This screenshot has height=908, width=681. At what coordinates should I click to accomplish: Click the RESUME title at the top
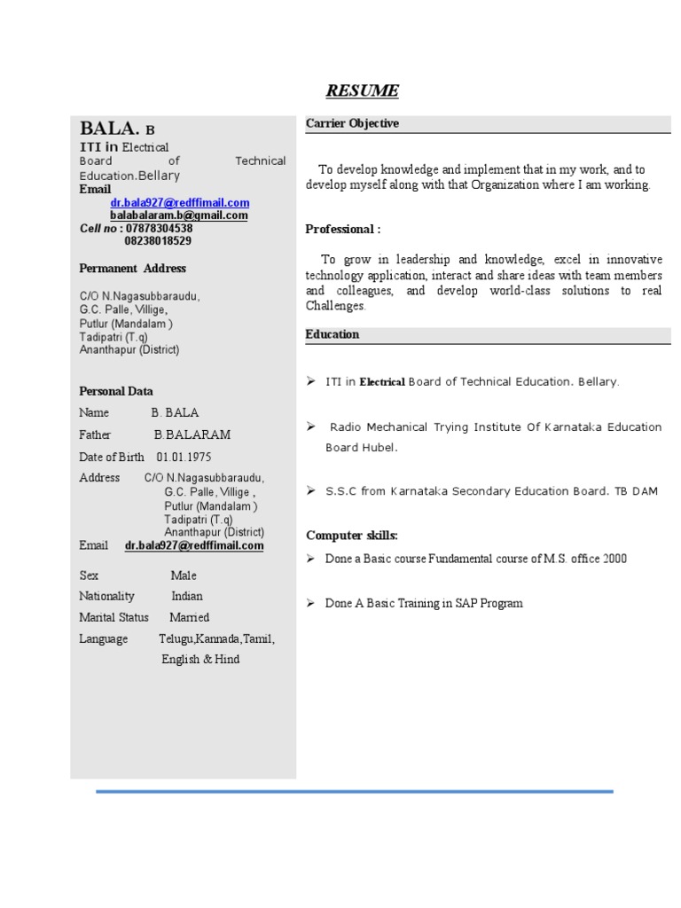pos(362,90)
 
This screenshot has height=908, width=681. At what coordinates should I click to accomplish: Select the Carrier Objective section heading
pos(352,123)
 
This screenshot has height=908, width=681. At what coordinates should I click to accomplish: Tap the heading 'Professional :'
pos(343,229)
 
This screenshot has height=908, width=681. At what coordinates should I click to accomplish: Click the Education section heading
pos(333,334)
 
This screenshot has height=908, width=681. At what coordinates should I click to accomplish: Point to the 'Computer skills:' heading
pos(352,535)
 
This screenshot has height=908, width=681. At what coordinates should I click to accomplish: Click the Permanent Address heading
pos(133,268)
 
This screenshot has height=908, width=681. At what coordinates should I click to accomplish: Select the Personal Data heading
pos(116,391)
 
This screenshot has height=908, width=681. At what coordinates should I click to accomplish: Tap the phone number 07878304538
pos(158,228)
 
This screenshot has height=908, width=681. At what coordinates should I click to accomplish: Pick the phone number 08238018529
pos(158,240)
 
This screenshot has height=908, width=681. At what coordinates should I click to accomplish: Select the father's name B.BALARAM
pos(192,434)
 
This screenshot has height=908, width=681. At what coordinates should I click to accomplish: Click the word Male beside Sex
pos(184,575)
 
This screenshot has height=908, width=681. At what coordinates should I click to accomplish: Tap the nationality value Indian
pos(187,596)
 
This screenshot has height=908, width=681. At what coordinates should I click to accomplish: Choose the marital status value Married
pos(190,617)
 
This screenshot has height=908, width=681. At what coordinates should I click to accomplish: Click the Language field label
pos(104,638)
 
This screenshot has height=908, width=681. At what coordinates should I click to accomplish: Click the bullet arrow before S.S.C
pos(311,490)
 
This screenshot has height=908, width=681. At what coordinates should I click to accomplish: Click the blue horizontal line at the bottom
pos(355,791)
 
